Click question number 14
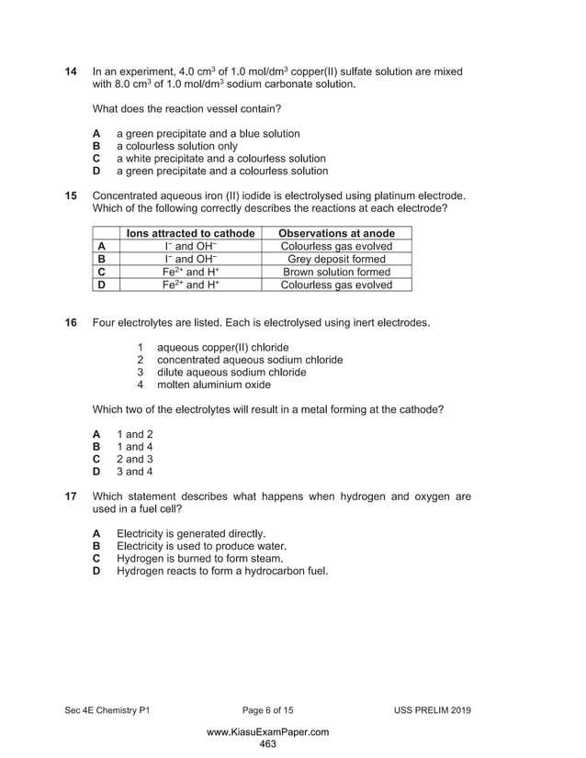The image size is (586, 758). (70, 72)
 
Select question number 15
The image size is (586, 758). (70, 195)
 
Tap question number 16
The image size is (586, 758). (70, 323)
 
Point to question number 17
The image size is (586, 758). (70, 496)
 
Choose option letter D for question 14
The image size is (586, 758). (96, 171)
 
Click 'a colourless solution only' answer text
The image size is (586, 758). (176, 146)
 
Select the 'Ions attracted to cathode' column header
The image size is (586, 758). (190, 233)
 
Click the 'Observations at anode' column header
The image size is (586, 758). (336, 233)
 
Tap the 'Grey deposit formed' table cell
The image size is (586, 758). (336, 259)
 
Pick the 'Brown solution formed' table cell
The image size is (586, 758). (336, 272)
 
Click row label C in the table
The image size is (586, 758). (102, 272)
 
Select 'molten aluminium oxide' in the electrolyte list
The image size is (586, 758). (214, 385)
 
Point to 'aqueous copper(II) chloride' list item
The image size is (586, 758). (222, 348)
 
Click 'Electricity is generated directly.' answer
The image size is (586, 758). (191, 533)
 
